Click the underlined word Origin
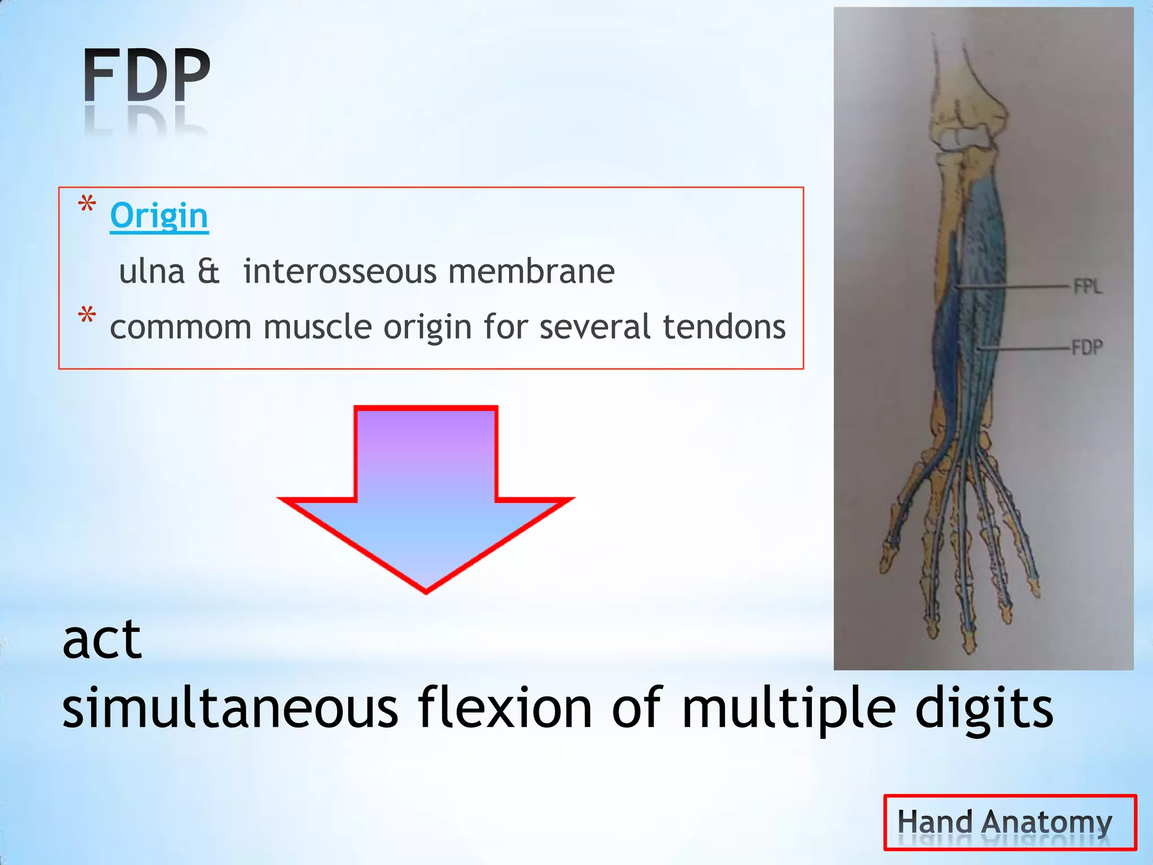click(x=159, y=216)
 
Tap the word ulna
click(x=151, y=271)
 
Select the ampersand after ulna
click(x=208, y=271)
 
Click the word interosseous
click(x=339, y=271)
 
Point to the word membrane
click(x=531, y=271)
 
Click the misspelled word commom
click(x=180, y=327)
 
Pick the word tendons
click(x=724, y=327)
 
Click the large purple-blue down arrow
click(x=426, y=496)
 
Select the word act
click(x=101, y=640)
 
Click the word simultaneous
click(x=230, y=708)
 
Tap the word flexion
click(x=504, y=708)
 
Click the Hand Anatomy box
click(x=1009, y=822)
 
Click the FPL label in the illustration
click(x=1087, y=287)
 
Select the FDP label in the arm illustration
click(x=1087, y=347)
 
